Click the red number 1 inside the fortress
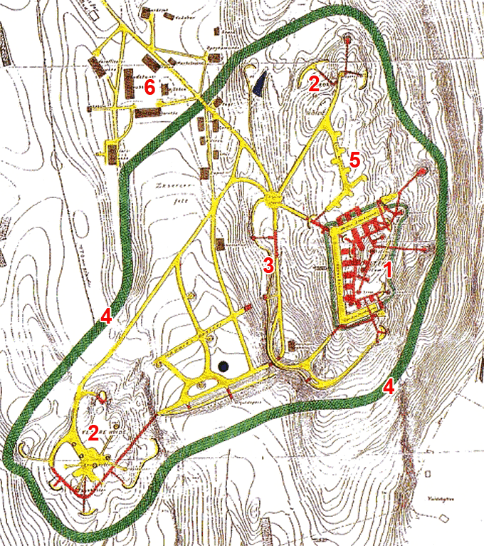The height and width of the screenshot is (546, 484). click(x=389, y=269)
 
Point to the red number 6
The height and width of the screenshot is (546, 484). click(x=149, y=88)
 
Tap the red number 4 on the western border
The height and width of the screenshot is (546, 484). click(x=106, y=316)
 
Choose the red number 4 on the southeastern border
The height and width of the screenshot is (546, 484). click(x=389, y=387)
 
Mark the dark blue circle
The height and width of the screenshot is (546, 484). click(x=223, y=366)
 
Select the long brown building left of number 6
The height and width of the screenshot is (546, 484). click(x=130, y=83)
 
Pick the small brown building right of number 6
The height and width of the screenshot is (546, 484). click(x=164, y=89)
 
